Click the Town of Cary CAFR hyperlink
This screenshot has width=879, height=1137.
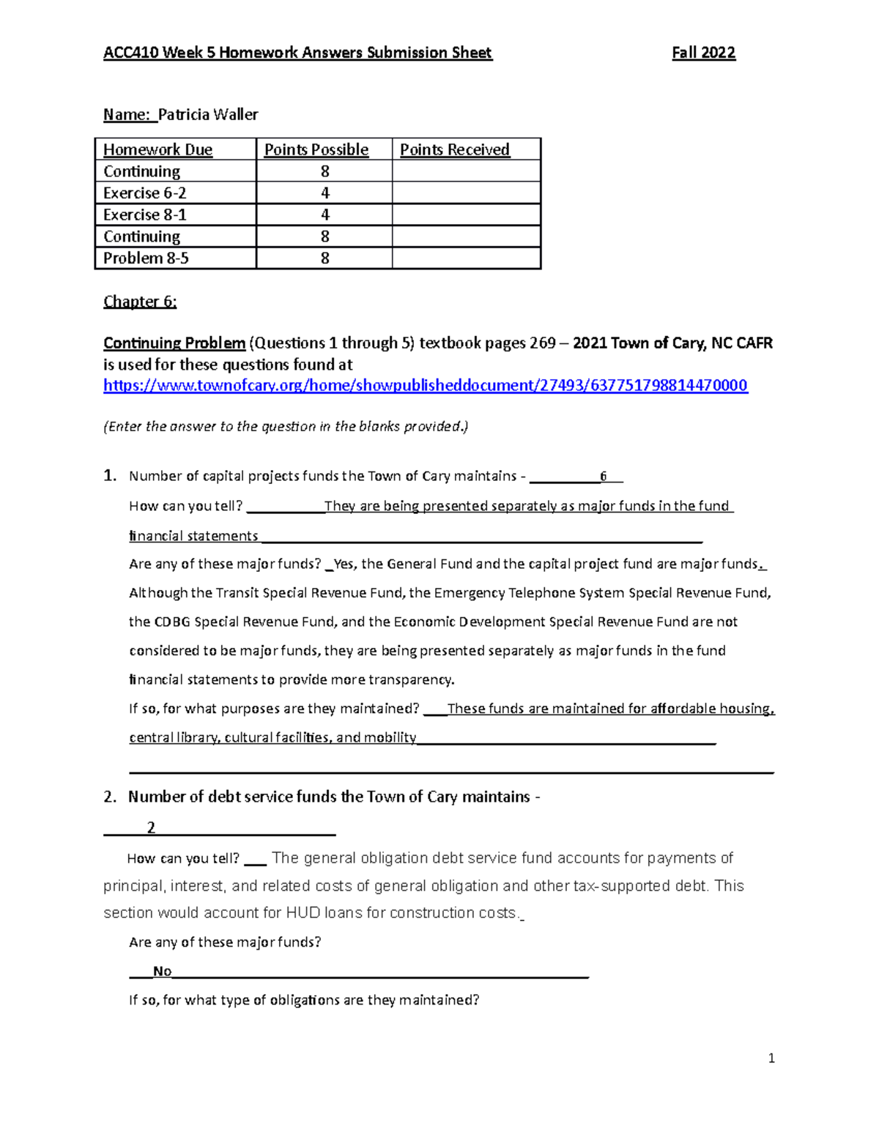click(425, 386)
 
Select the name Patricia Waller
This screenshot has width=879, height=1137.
click(208, 114)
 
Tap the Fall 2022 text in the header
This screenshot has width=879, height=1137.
click(703, 53)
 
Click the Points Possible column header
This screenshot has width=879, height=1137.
click(316, 150)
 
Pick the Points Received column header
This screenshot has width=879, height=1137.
click(454, 150)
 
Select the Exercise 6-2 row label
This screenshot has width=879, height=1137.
click(144, 193)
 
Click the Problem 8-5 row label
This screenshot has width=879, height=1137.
click(146, 258)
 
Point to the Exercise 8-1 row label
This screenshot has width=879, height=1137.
click(144, 215)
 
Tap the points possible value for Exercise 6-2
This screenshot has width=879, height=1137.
click(324, 193)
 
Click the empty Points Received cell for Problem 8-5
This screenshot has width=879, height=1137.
click(466, 258)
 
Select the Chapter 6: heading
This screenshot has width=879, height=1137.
click(140, 302)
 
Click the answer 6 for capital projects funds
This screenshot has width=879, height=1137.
click(603, 477)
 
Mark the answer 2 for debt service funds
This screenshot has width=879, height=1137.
click(151, 828)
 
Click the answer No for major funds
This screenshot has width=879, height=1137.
click(162, 972)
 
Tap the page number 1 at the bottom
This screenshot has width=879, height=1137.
click(771, 1058)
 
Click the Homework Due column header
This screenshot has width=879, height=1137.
click(157, 150)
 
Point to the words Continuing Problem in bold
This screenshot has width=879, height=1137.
click(174, 343)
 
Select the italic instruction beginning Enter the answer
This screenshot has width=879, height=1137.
click(286, 427)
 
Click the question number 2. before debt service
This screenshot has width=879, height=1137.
click(110, 797)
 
